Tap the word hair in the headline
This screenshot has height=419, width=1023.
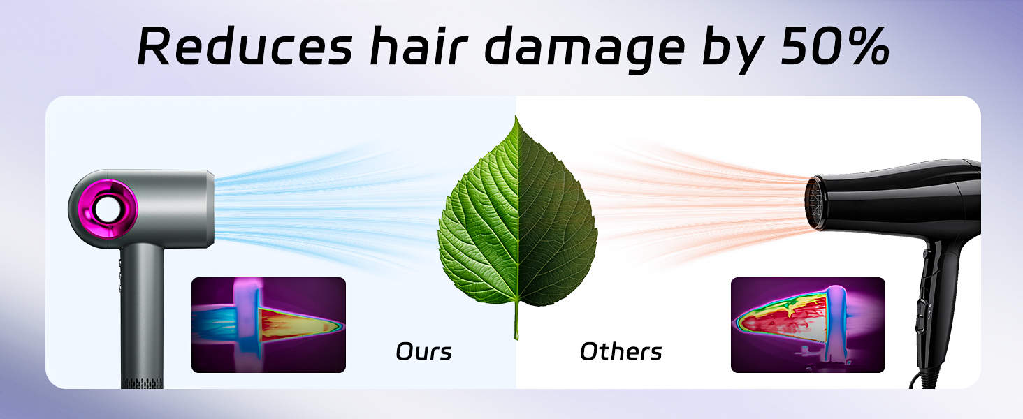pos(416,47)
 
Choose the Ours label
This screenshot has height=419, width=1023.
pos(423,351)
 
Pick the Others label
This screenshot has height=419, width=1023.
pos(621,351)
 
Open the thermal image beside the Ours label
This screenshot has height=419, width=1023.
pos(268,325)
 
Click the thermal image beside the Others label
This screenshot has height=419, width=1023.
pos(808,325)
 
